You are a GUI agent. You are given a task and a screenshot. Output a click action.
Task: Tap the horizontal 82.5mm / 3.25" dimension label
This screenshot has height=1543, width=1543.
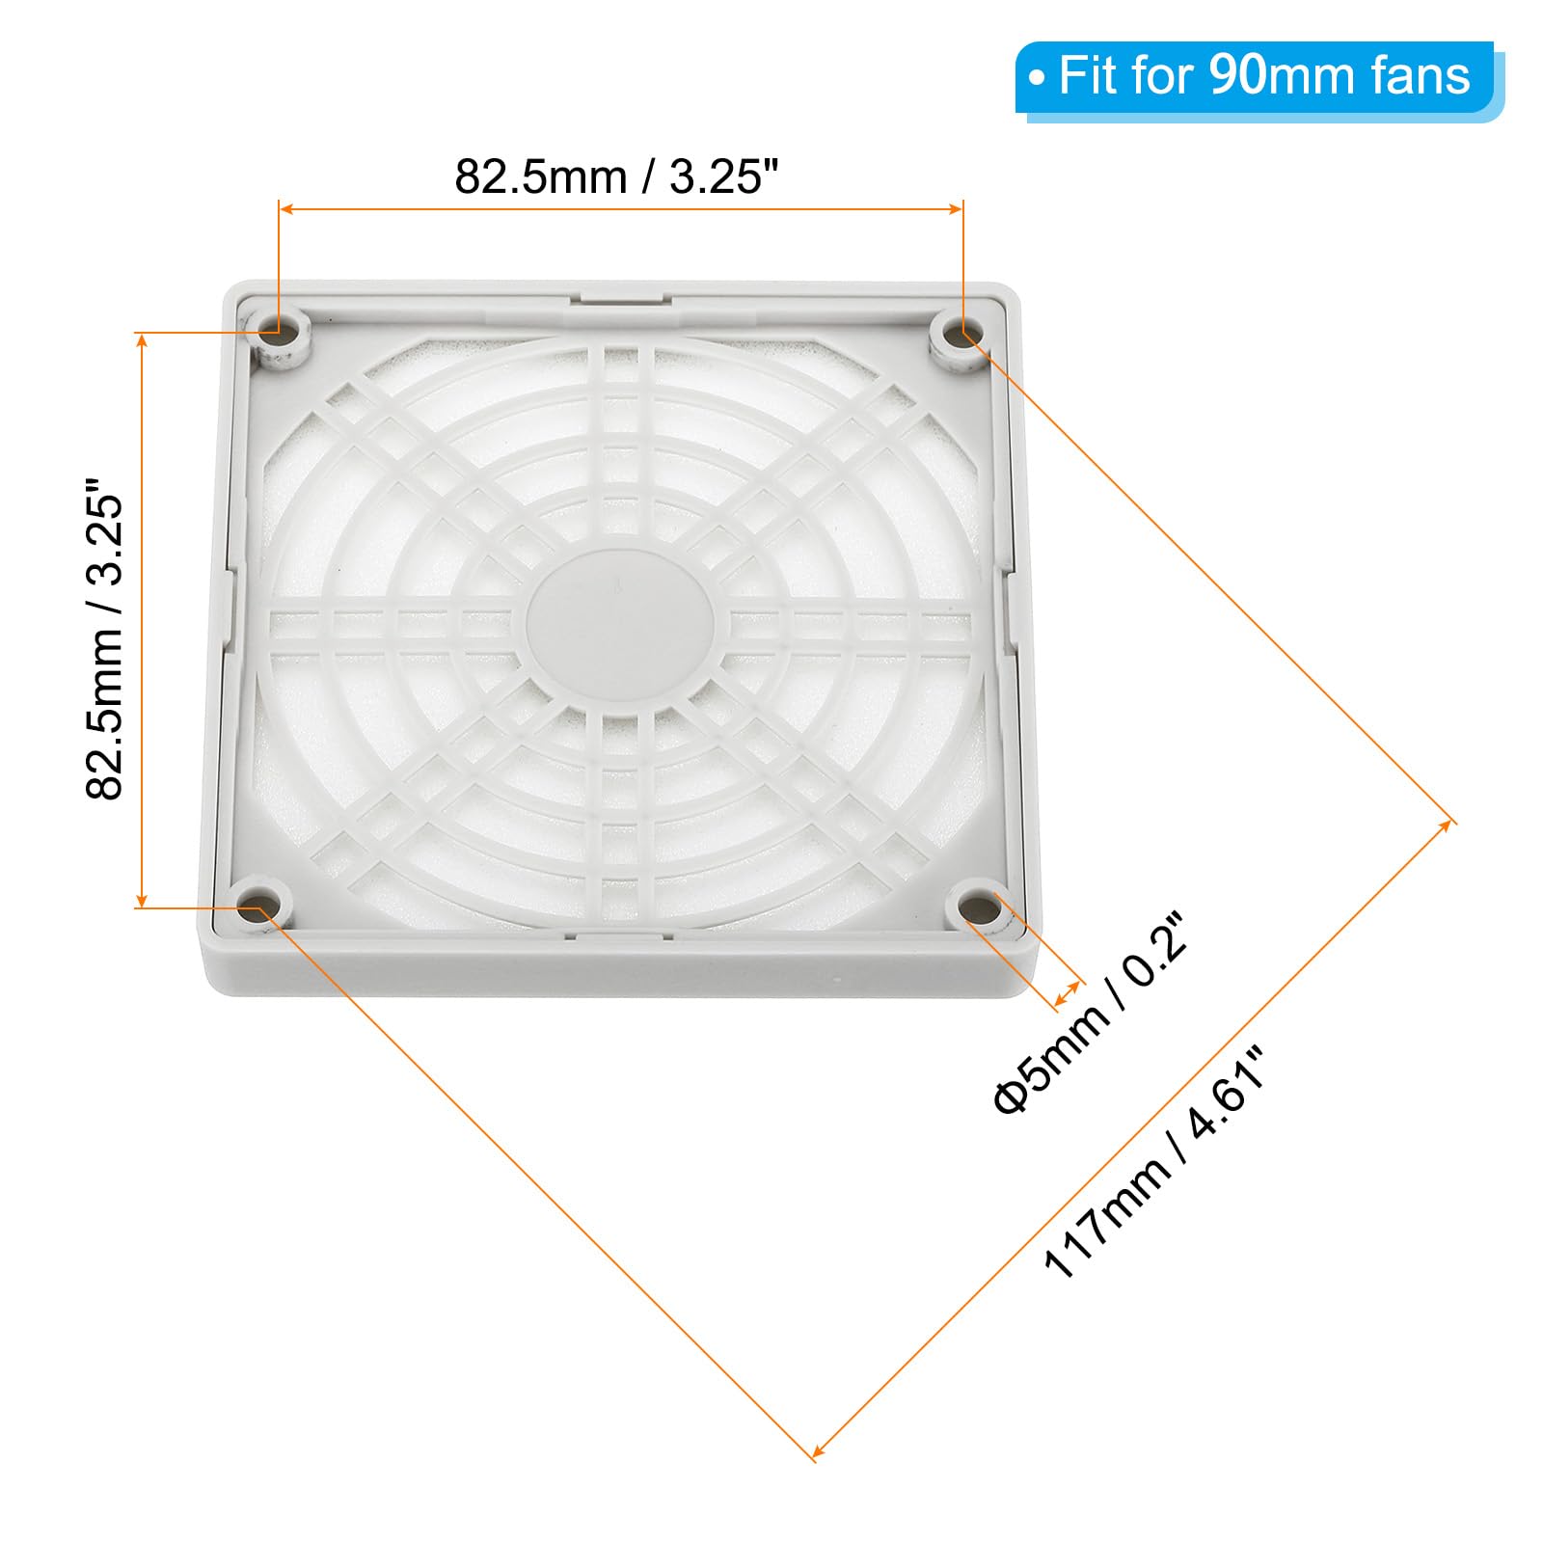[x=616, y=176]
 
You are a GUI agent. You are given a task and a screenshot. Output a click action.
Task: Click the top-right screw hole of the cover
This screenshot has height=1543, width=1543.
[x=960, y=335]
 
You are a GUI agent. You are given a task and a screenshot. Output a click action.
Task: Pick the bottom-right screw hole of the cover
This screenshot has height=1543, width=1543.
[x=981, y=907]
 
